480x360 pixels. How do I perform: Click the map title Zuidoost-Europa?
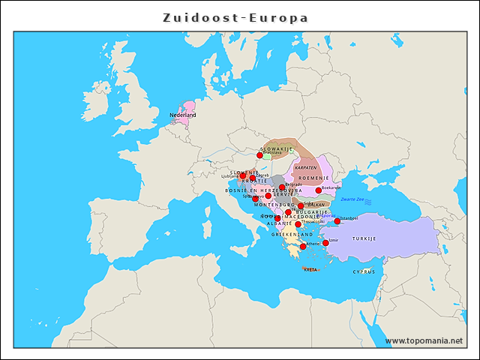pos(236,17)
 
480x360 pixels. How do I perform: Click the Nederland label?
pos(182,115)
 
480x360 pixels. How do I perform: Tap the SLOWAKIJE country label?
pos(276,149)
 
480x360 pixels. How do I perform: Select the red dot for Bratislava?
pos(260,155)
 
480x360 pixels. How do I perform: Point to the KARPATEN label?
pos(305,167)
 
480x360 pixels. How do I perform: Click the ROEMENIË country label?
pos(314,178)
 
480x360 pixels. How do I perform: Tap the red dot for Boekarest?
pos(319,190)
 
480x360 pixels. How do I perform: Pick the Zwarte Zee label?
pos(352,199)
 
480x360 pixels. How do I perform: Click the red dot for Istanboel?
pos(337,221)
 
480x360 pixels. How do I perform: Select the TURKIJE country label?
pos(364,238)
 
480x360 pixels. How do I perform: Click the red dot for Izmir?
pos(325,243)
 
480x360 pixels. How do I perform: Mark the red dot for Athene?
pos(303,247)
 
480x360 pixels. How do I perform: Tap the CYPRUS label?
pos(364,271)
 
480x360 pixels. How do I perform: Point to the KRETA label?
pos(310,269)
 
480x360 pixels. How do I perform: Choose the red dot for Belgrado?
pos(282,187)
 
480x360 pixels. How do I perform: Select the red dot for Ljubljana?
pos(242,176)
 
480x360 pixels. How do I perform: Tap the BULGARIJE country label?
pos(312,212)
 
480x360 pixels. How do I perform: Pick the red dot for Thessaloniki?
pos(298,224)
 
